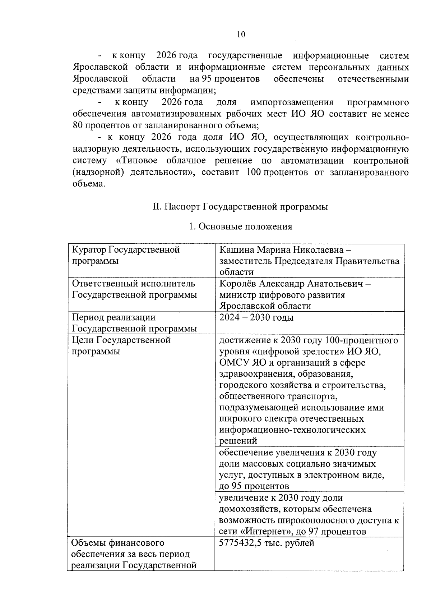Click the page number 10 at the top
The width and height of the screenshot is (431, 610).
tap(241, 35)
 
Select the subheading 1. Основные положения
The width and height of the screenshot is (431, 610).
tap(240, 227)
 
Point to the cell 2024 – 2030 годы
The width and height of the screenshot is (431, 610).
tap(256, 317)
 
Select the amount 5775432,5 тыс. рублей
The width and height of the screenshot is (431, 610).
tap(267, 543)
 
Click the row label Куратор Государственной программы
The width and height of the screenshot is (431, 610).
tap(126, 255)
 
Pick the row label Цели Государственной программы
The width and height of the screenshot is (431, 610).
tap(121, 345)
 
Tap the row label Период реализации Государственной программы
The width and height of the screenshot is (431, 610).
tap(134, 323)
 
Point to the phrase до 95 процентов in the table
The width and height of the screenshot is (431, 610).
tap(254, 486)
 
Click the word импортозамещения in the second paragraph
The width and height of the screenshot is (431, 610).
tap(292, 102)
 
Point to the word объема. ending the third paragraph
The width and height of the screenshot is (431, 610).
tap(89, 184)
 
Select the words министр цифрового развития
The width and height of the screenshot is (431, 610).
tap(282, 295)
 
